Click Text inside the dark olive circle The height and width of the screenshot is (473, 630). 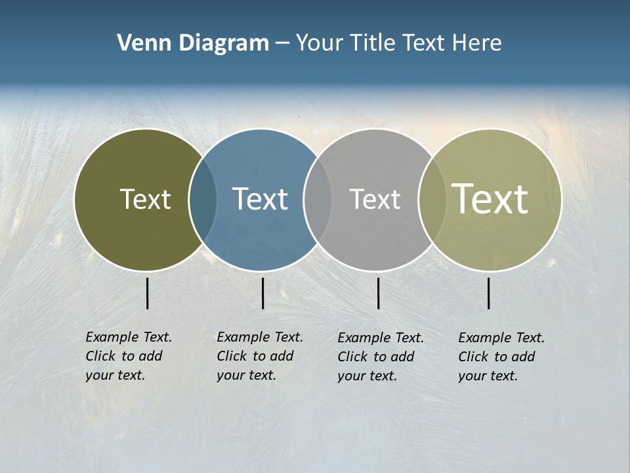(145, 199)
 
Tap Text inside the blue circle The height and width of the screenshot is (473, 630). (260, 199)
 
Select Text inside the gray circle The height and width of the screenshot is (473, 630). (375, 199)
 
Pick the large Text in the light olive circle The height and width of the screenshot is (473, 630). (490, 199)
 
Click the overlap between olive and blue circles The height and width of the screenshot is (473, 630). (203, 200)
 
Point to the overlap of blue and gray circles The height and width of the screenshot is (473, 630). (318, 200)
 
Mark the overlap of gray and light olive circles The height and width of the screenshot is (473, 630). (432, 200)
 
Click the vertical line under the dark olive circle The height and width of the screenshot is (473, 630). (148, 293)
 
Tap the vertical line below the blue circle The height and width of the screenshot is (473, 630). (262, 293)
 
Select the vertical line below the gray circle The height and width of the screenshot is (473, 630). (378, 293)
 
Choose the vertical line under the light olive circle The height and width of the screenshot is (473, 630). (489, 293)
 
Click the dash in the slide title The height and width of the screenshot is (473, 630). (282, 43)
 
